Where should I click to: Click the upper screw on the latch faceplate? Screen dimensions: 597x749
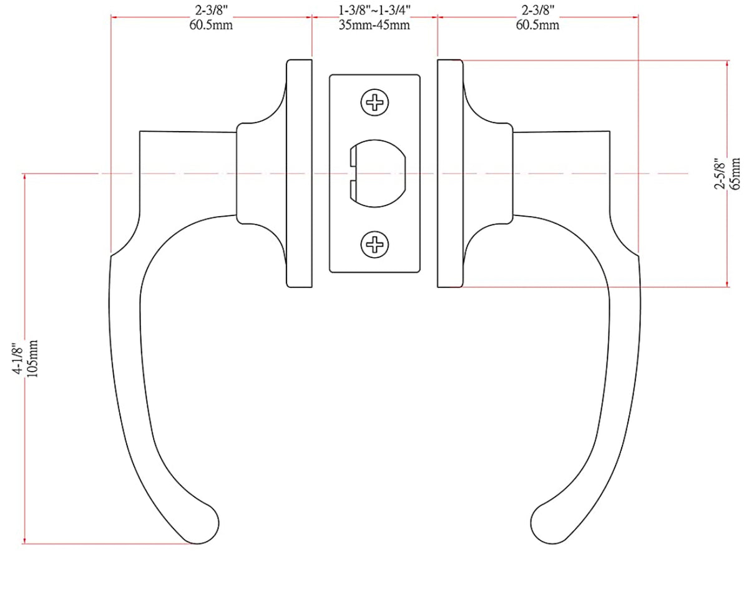[374, 102]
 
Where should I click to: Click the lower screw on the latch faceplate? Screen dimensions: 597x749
[374, 244]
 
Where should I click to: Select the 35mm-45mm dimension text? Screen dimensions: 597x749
[374, 25]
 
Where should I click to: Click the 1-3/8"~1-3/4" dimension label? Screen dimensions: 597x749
[374, 11]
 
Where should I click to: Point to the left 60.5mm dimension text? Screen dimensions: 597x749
[211, 25]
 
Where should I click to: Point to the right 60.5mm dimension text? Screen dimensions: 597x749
[537, 25]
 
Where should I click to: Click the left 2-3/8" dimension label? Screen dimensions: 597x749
[211, 11]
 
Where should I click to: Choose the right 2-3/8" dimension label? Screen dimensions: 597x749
[537, 11]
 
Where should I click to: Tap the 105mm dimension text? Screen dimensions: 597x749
[33, 359]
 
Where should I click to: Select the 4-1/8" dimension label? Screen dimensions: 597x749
[18, 359]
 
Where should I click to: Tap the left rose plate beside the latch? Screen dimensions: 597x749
[299, 174]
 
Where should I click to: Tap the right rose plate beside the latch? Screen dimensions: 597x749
[450, 174]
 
